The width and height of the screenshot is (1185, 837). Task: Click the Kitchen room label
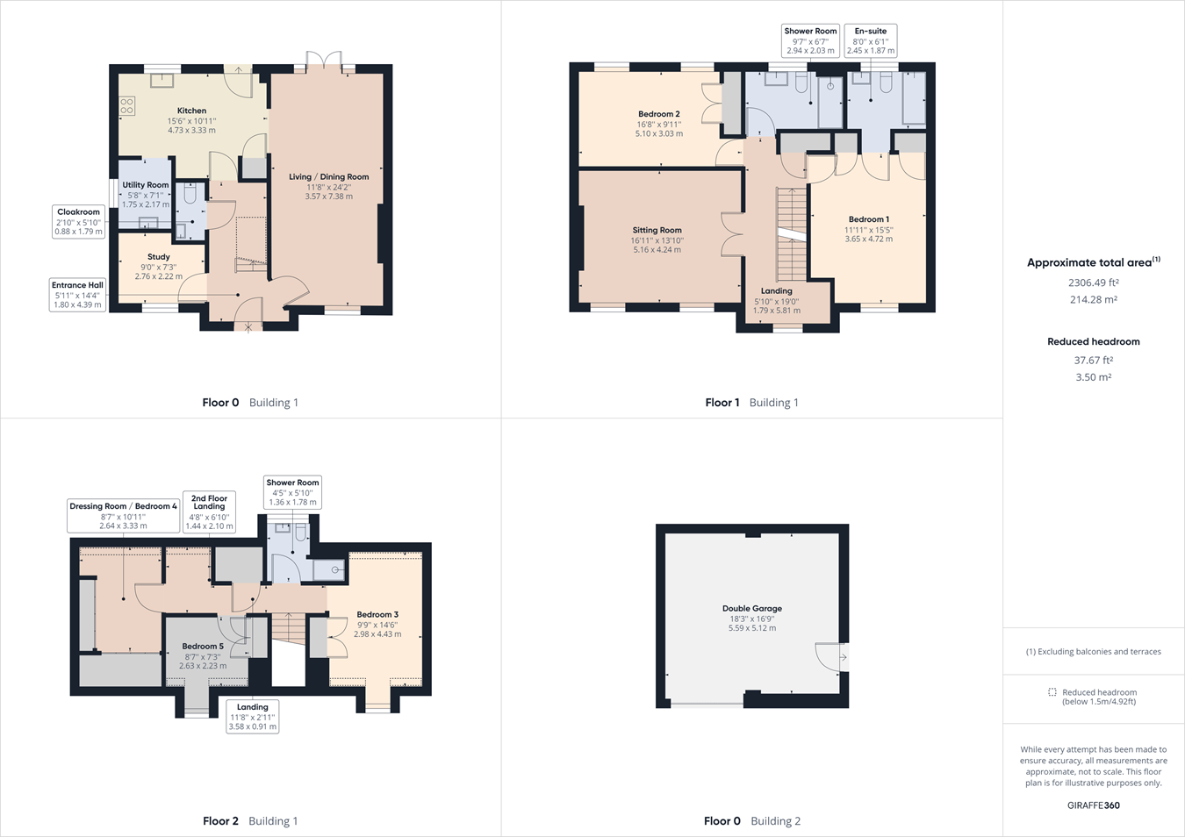(191, 111)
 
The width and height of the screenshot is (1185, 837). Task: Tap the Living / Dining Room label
(328, 177)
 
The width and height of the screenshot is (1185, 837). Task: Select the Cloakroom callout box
(78, 221)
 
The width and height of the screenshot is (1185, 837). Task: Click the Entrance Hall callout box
(77, 295)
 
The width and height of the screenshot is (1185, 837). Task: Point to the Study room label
(159, 257)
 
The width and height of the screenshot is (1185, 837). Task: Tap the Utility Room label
(146, 185)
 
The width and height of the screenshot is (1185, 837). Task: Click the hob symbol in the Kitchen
(127, 106)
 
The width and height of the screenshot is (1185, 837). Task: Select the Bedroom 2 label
(659, 114)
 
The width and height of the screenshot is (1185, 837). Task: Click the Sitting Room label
(657, 230)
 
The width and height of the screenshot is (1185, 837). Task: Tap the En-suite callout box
(871, 40)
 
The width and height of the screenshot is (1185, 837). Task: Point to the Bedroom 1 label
(868, 219)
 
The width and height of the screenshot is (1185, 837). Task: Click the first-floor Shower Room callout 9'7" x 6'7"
(810, 40)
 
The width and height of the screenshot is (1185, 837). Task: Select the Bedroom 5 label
(203, 647)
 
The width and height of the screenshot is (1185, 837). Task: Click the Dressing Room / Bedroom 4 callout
(123, 516)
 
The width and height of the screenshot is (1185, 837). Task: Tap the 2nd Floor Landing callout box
(209, 512)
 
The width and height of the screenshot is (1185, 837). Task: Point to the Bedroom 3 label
(377, 614)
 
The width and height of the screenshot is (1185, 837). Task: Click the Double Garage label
(751, 608)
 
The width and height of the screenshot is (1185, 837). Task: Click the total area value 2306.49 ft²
(1093, 283)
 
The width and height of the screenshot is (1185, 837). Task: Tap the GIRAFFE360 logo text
(1093, 805)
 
